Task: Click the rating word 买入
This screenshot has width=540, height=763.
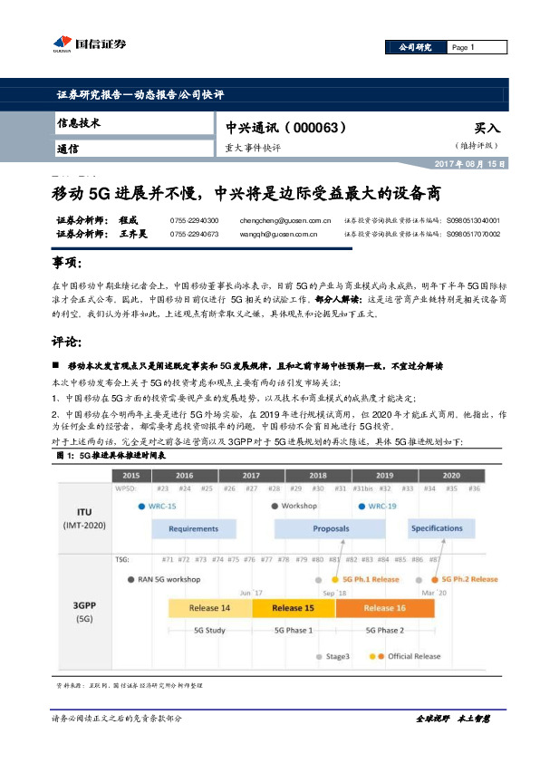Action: (487, 129)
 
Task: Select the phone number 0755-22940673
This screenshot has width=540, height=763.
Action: (195, 234)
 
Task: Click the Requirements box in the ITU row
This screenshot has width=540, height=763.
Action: (193, 528)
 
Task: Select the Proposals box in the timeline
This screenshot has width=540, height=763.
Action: (331, 528)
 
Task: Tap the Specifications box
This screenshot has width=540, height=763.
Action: (437, 528)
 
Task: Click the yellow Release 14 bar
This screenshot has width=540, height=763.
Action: (210, 608)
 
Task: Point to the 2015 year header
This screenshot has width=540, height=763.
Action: (131, 475)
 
